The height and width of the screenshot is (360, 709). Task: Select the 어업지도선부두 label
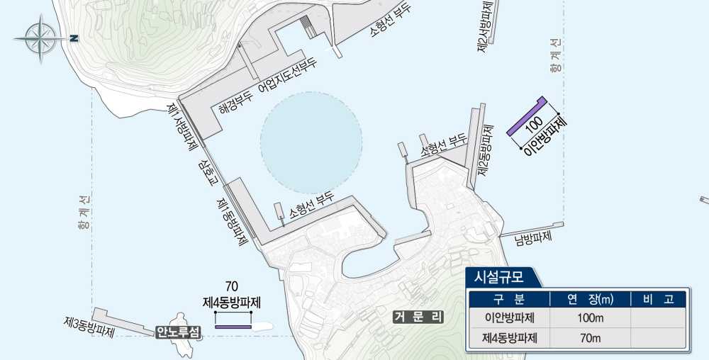pos(287,76)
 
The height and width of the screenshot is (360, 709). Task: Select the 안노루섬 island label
pos(178,332)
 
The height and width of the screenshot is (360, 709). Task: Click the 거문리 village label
pos(419,317)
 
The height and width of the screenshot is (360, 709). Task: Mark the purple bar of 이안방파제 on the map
pos(525,116)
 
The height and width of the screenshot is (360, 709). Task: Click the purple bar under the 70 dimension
pos(233,327)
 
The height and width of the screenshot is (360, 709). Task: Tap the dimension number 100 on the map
pos(535,125)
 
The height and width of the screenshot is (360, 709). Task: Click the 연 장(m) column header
pos(590,298)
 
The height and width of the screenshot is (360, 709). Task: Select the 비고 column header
pos(658,298)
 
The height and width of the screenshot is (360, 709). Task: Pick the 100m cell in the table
pos(590,317)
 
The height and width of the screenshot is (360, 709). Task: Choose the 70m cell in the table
pos(590,338)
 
